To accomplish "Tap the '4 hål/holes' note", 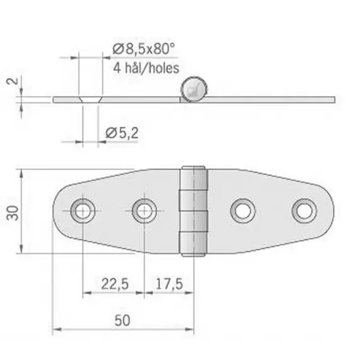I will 145,67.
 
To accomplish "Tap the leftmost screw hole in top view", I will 83,210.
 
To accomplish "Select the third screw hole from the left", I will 243,210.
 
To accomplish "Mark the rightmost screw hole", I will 304,210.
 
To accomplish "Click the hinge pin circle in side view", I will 192,90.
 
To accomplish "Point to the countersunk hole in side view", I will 90,100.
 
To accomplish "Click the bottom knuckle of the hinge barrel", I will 195,243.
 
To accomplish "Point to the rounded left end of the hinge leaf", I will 59,210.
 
